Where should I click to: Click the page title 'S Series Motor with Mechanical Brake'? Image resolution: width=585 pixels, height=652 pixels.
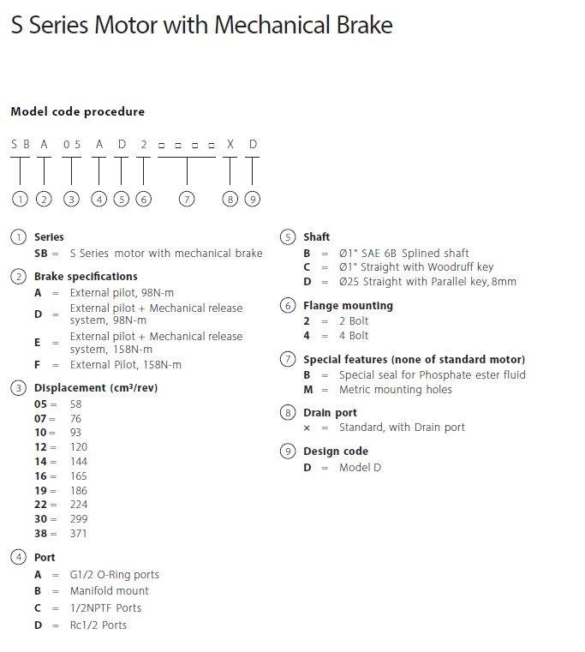point(201,25)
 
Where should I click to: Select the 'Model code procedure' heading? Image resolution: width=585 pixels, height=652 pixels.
point(77,111)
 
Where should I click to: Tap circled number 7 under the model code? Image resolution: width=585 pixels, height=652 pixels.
point(187,199)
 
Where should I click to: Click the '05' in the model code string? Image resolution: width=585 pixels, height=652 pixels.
point(72,144)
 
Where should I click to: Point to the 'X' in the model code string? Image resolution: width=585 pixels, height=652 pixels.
point(230,144)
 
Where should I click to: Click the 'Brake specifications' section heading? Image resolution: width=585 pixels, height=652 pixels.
point(86,276)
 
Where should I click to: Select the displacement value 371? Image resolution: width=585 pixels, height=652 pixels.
point(79,533)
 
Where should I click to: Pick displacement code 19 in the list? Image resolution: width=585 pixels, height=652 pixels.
point(41,490)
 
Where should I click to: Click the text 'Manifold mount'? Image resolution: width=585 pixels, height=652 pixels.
point(109,590)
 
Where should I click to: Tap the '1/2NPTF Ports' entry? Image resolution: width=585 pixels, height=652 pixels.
point(105,607)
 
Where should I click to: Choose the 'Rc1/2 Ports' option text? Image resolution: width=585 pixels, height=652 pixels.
point(98,625)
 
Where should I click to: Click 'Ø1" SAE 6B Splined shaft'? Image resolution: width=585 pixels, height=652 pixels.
point(403,253)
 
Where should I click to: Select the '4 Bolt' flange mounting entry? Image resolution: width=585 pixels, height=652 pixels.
point(354,335)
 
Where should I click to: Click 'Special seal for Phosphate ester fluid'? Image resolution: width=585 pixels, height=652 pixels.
point(432,374)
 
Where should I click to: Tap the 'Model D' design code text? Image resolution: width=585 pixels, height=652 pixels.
point(360,467)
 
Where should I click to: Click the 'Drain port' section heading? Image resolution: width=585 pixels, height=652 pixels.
point(330,412)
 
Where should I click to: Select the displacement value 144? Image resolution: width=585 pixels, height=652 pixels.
point(79,461)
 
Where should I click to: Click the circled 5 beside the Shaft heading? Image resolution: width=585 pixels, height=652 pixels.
point(287,236)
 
